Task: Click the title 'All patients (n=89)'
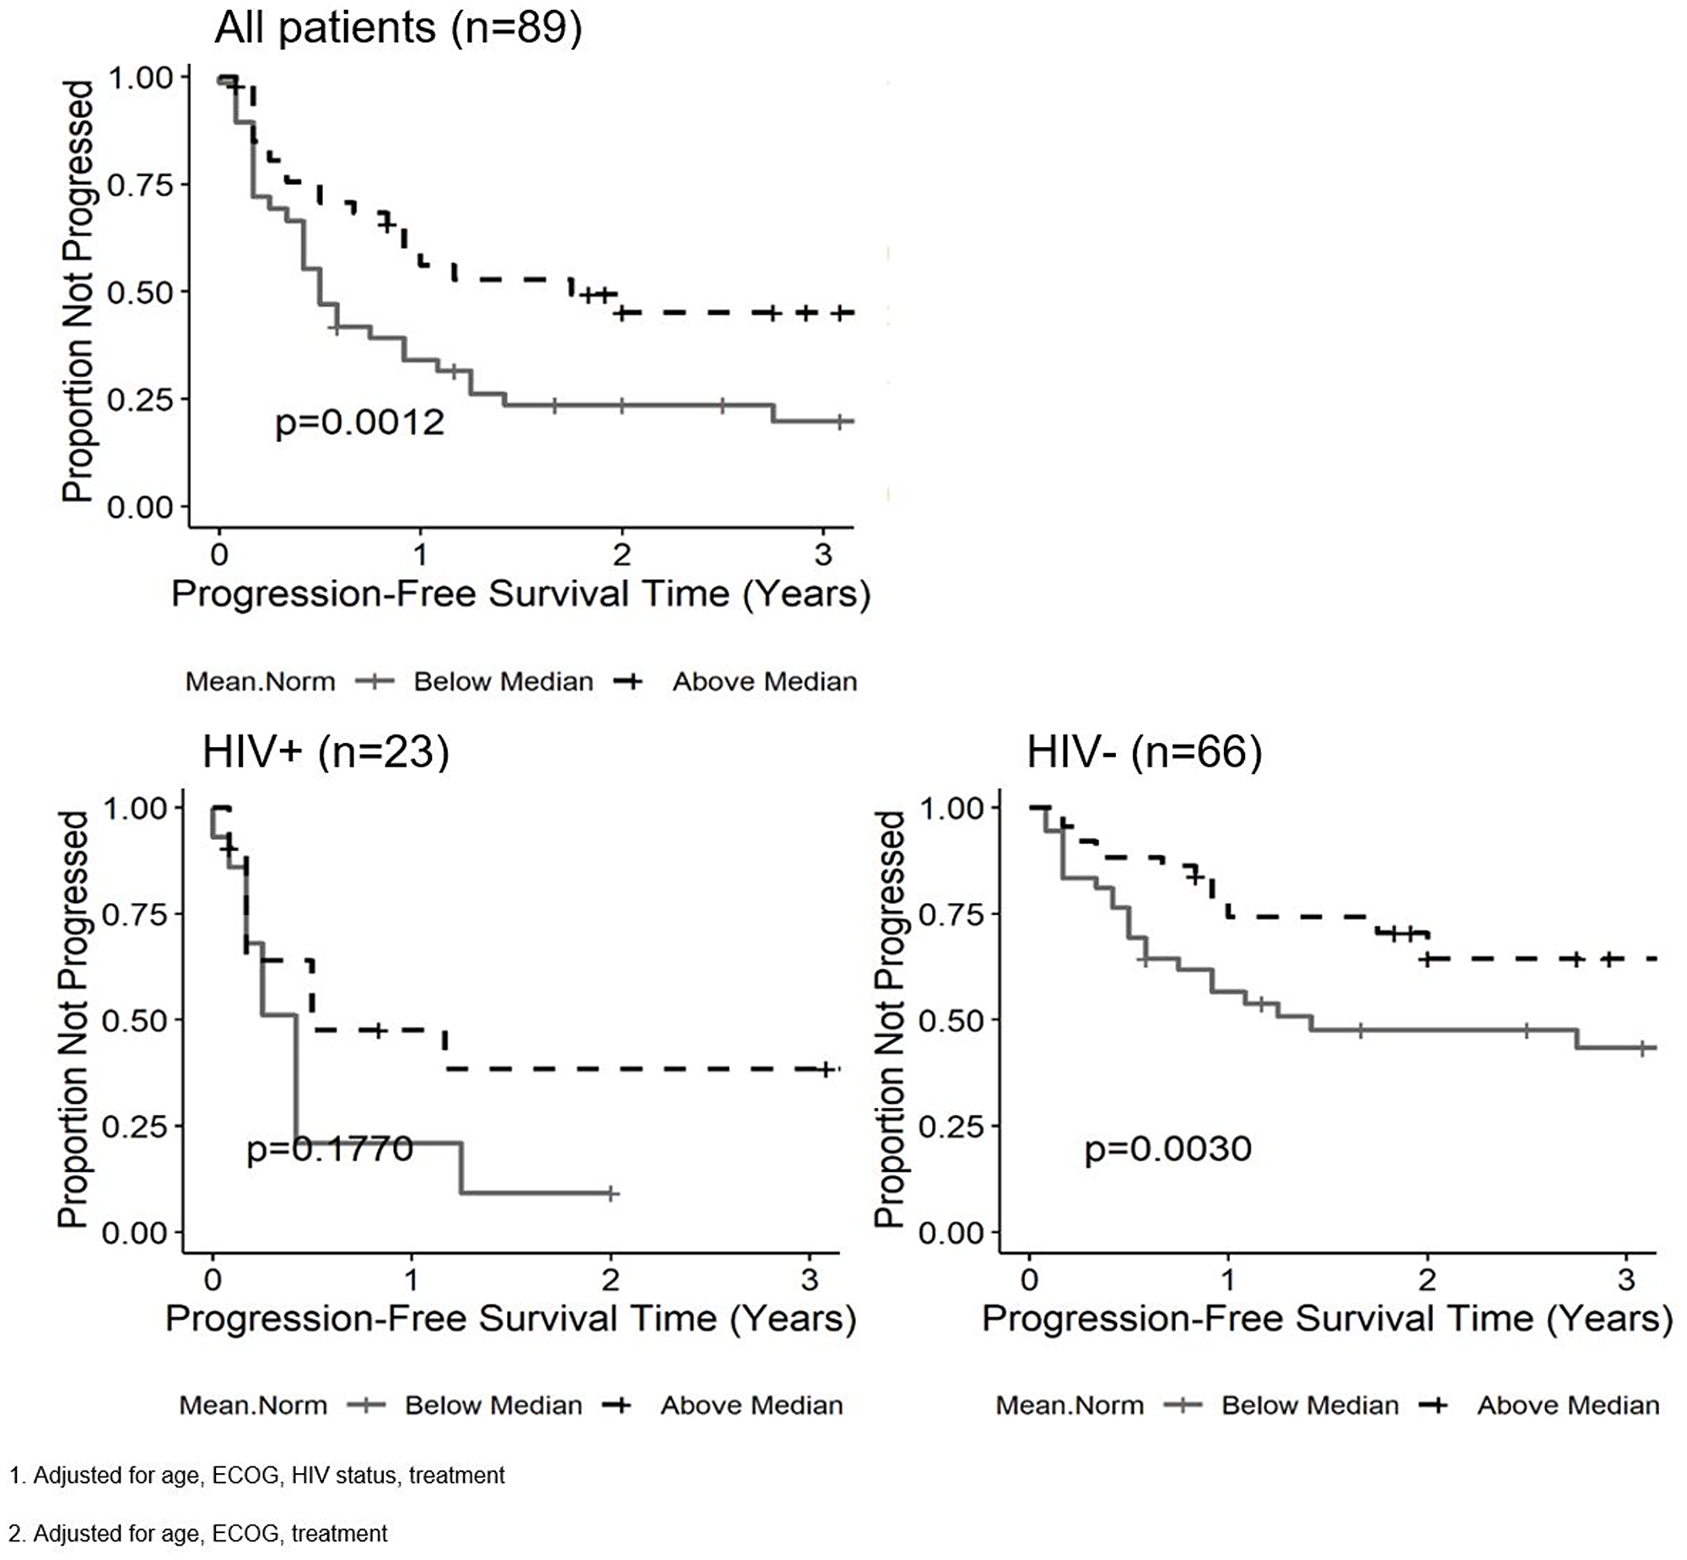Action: (398, 28)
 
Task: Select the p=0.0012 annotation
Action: (359, 422)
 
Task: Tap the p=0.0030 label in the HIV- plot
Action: (1167, 1148)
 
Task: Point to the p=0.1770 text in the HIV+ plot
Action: (329, 1148)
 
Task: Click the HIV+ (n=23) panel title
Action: (326, 750)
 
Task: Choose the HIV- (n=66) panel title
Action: (1144, 750)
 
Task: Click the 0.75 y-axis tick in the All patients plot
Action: (140, 185)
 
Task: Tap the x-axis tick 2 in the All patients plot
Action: (623, 555)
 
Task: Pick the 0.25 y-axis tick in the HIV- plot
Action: (951, 1127)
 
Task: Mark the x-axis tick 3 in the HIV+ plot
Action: (810, 1280)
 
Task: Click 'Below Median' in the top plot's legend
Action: (504, 681)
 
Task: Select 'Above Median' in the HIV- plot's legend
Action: (1568, 1405)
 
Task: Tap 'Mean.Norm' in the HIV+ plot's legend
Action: (253, 1405)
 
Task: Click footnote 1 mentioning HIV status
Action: (256, 1475)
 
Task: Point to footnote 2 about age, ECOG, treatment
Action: (197, 1533)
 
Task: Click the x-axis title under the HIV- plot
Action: (1327, 1319)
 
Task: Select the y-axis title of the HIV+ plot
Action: (73, 1019)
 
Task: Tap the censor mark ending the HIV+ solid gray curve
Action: (612, 1194)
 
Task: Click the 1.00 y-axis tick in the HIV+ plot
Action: (134, 808)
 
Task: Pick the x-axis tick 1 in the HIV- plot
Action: (1228, 1280)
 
